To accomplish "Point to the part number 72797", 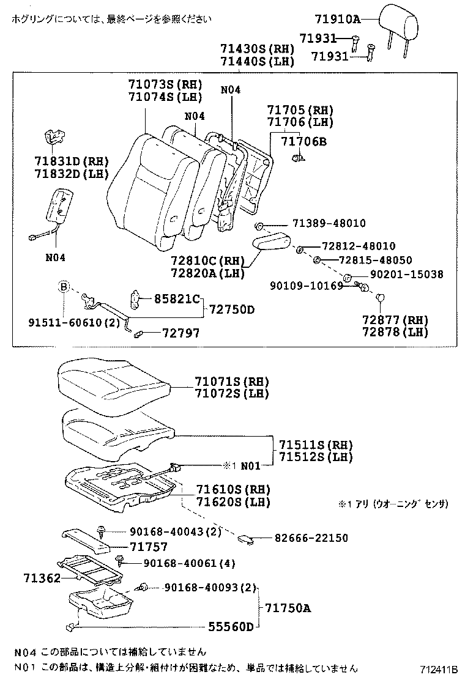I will pos(180,333).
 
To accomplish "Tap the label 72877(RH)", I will pos(395,320).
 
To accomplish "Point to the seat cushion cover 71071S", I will pos(113,382).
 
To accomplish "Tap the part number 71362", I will pos(41,577).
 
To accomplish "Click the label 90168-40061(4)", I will pos(182,563).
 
